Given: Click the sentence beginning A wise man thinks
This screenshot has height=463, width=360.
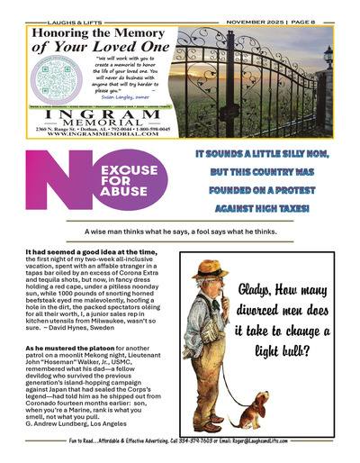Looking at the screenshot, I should (x=179, y=231).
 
